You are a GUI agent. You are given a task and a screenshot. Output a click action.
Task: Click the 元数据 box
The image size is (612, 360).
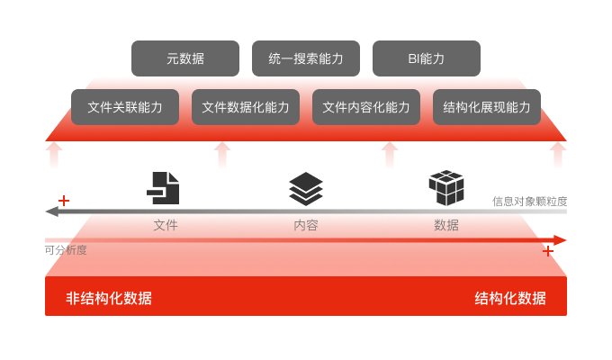tap(185, 58)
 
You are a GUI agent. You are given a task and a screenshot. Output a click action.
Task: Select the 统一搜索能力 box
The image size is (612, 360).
tap(306, 58)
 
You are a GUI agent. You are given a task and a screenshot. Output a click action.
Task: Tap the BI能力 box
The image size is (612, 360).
tap(426, 58)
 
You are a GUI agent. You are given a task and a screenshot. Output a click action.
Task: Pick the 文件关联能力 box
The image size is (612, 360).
tap(125, 107)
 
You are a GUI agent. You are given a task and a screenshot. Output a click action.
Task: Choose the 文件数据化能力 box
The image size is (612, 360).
tap(246, 107)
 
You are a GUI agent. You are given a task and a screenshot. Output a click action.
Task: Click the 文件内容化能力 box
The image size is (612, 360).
tap(366, 107)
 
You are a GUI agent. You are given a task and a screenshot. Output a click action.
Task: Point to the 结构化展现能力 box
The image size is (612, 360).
tap(487, 107)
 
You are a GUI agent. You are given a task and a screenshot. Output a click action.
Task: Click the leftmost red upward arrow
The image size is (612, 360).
tap(53, 154)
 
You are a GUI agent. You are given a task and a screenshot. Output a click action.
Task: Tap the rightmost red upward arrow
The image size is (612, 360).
tap(559, 154)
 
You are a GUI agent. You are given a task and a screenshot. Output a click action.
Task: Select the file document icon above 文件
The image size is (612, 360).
tap(164, 188)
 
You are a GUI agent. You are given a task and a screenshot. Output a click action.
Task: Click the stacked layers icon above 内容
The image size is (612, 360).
tap(306, 188)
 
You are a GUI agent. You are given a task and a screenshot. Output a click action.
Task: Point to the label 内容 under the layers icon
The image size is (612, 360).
tap(306, 225)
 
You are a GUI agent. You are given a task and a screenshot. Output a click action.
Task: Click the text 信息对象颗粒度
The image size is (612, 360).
tap(529, 201)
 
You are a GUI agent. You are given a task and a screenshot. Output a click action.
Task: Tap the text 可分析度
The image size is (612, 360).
tap(66, 250)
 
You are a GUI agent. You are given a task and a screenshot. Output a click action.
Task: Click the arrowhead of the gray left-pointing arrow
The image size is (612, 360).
tap(52, 212)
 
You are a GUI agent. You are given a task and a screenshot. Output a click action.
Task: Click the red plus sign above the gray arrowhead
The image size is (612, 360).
tap(63, 200)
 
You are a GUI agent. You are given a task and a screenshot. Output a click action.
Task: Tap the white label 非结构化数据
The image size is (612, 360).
tap(109, 299)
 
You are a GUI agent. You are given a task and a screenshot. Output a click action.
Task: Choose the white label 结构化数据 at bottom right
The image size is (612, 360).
tap(510, 299)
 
